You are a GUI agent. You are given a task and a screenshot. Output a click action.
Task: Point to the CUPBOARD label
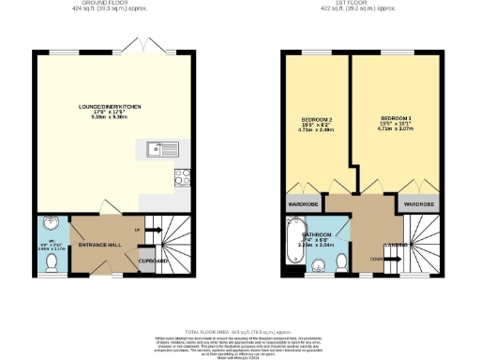pos(153,261)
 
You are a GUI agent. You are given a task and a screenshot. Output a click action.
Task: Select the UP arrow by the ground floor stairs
pos(139,230)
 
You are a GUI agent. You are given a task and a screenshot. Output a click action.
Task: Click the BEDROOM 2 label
pos(317,119)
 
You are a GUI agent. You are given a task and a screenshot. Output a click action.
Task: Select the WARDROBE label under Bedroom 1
pos(418,203)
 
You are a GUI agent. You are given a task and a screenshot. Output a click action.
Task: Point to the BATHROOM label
pos(317,234)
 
